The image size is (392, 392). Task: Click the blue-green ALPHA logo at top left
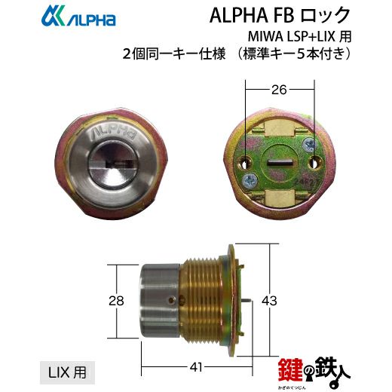tap(78, 16)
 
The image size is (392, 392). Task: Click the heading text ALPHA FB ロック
tap(280, 15)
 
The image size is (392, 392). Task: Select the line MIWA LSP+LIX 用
tap(299, 37)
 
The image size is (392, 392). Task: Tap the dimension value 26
tap(279, 90)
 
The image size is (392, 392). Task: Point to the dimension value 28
tap(116, 301)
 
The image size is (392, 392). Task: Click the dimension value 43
tap(269, 301)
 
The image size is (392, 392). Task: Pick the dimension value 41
tap(196, 367)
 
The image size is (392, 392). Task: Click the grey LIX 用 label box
tap(67, 372)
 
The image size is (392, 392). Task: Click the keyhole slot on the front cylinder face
tap(118, 165)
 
